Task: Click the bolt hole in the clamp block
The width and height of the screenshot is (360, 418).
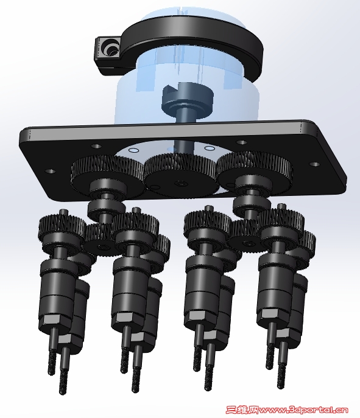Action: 110,48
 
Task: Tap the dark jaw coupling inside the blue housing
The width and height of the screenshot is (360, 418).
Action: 188,99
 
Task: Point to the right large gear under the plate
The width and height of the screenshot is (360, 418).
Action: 254,170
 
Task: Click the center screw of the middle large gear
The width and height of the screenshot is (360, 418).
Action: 182,183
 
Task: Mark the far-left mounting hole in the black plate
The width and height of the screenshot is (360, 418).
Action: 50,171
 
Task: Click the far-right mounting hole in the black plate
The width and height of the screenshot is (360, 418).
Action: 314,164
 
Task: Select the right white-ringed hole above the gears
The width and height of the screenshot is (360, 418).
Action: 210,148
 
